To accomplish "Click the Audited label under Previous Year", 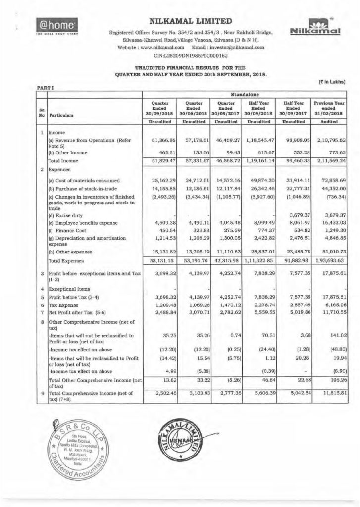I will [x=328, y=120].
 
